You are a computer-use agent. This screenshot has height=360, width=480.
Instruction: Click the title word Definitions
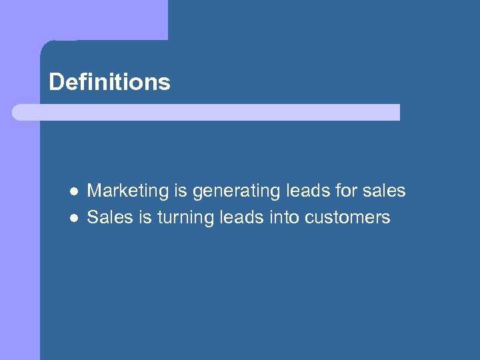tap(109, 82)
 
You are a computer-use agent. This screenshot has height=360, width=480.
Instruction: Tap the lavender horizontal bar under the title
tap(206, 112)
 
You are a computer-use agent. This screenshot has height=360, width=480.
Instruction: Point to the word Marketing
tap(128, 191)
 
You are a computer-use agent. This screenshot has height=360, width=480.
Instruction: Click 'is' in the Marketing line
tap(181, 191)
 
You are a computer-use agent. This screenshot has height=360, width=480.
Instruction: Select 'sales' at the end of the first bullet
tap(385, 191)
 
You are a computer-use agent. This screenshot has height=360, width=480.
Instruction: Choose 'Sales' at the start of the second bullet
tap(107, 218)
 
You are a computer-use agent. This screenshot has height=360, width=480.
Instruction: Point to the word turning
tap(184, 219)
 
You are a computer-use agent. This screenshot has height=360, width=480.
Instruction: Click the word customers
tap(348, 218)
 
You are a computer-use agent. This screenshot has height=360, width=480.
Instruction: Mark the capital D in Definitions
tap(56, 82)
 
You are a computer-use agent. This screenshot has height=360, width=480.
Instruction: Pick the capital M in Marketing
tap(95, 191)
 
